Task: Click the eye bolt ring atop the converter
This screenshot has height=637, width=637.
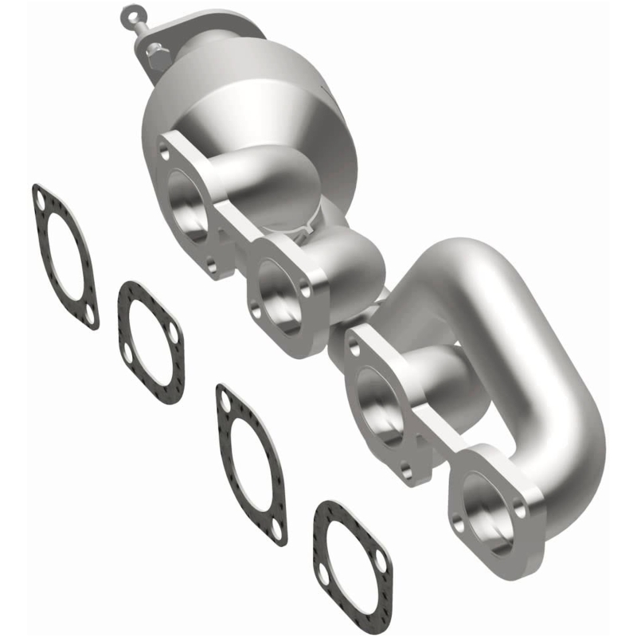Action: tap(129, 14)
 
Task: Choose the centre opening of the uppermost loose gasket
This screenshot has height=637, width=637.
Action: tap(64, 255)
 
